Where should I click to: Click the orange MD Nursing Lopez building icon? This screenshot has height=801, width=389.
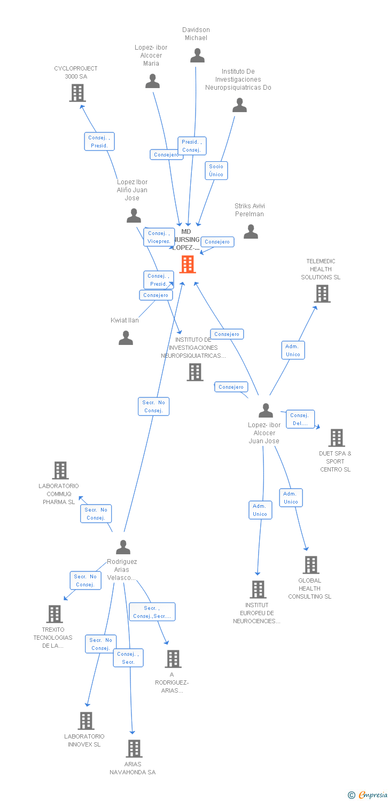(x=188, y=264)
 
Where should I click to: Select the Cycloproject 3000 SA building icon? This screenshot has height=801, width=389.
(x=77, y=93)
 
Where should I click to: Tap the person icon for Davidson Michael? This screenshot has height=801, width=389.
(x=197, y=56)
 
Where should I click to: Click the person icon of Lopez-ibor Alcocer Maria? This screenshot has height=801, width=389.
(x=152, y=81)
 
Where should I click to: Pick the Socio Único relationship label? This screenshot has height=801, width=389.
(x=216, y=170)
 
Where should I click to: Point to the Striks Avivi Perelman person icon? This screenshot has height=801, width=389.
(x=251, y=232)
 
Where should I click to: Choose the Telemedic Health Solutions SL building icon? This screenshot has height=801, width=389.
(x=322, y=294)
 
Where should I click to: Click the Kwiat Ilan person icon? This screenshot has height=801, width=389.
(x=126, y=338)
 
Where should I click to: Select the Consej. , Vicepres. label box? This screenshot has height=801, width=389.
(x=159, y=237)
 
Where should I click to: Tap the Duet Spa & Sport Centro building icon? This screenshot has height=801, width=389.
(x=336, y=438)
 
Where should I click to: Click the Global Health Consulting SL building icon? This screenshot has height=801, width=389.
(x=310, y=565)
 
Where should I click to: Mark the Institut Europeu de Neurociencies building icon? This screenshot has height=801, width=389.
(x=258, y=590)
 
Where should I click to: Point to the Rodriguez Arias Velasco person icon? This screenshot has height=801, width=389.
(x=123, y=547)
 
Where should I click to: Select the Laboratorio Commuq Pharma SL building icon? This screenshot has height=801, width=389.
(x=60, y=470)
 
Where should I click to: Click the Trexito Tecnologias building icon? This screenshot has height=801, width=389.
(x=55, y=614)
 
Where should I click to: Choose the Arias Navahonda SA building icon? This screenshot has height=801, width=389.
(x=134, y=749)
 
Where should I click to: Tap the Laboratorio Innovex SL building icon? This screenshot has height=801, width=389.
(x=85, y=721)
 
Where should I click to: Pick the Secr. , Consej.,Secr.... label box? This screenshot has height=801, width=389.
(x=152, y=612)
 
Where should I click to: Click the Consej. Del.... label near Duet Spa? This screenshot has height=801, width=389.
(x=300, y=419)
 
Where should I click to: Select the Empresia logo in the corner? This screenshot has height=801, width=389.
(x=368, y=795)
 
